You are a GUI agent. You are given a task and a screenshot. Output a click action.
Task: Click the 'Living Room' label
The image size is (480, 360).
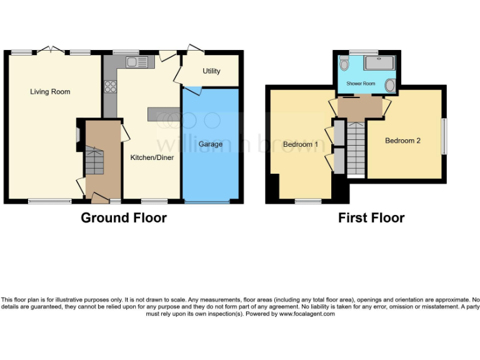(x=50, y=92)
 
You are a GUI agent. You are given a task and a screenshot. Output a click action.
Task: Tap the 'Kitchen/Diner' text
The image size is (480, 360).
(x=152, y=157)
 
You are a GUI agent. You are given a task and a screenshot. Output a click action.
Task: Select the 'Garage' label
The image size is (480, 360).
(x=211, y=144)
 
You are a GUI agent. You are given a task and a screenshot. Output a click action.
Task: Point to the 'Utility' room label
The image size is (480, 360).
(x=211, y=71)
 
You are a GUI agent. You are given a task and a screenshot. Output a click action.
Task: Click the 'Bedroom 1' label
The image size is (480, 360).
(x=301, y=144)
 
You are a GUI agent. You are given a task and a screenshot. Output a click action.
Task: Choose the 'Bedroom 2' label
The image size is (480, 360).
(x=402, y=141)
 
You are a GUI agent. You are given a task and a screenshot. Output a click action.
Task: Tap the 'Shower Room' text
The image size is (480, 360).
(x=361, y=83)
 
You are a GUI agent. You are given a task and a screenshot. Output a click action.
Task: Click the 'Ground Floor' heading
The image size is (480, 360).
(x=124, y=218)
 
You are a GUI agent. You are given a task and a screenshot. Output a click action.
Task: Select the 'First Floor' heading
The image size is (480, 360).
(x=371, y=218)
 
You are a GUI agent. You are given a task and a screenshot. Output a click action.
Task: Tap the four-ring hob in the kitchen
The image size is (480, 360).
(x=111, y=87)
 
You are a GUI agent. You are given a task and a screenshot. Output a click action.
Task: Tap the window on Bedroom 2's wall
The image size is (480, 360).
(x=444, y=136)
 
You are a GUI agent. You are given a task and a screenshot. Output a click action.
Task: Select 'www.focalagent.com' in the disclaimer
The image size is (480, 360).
(x=306, y=314)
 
